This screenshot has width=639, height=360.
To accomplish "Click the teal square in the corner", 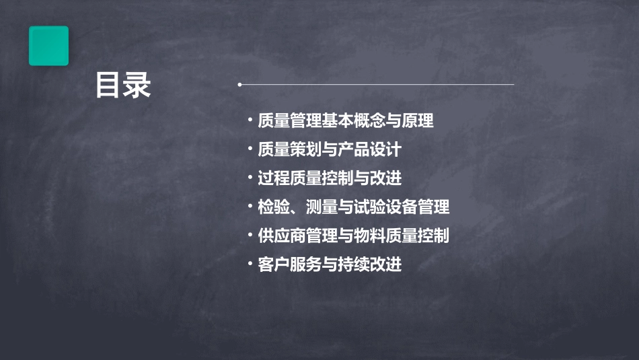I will click(x=48, y=46).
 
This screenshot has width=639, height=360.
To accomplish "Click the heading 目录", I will click(x=123, y=85).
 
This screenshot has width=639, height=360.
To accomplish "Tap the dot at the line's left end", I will click(x=239, y=85).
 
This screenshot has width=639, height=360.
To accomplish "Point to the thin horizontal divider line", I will click(x=377, y=85).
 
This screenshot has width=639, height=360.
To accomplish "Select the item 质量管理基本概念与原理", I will click(x=346, y=121).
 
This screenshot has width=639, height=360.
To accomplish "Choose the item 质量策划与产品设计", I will click(x=330, y=149).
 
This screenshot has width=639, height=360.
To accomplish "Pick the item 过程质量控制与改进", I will click(x=330, y=178).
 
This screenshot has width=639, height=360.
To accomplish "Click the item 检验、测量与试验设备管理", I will click(x=354, y=207).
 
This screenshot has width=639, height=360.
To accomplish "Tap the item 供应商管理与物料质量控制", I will click(x=354, y=236).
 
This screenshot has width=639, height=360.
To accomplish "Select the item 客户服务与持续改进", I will click(x=330, y=264).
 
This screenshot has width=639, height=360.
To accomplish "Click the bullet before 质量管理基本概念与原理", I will click(x=250, y=121).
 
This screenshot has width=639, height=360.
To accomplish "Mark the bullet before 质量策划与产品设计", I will click(x=250, y=149).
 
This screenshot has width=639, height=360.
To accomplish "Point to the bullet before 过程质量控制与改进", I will click(x=250, y=178).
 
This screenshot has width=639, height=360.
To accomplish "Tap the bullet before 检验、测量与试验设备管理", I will click(x=250, y=207).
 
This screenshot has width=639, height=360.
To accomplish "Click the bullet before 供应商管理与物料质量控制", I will click(x=250, y=236).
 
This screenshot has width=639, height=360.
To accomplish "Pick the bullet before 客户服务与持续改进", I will click(x=250, y=264).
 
